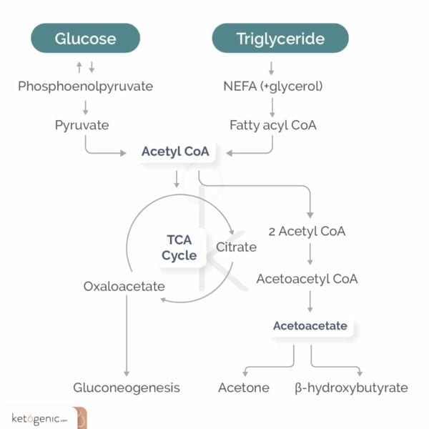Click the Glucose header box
pos(85,38)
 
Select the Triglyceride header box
pos(280,38)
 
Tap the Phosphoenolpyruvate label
pos(85,87)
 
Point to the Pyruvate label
pos(82,125)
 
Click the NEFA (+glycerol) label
pos(272,87)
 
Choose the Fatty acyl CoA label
pos(272,125)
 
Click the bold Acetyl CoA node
pos(175,152)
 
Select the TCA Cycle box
pos(179,248)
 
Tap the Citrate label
pos(236,247)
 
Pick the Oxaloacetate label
pos(124,287)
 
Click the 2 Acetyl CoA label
pos(307,232)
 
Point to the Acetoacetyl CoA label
pos(307,278)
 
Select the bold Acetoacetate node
pos(310,325)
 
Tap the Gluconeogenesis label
pos(127,388)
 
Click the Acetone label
pos(243,388)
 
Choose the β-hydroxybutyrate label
pos(351,388)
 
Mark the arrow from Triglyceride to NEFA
pos(272,69)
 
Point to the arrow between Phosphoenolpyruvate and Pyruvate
pos(86,107)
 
